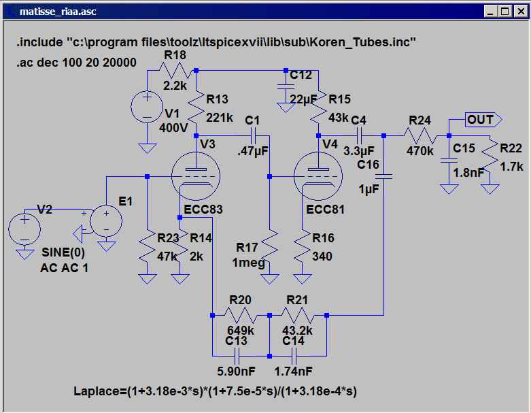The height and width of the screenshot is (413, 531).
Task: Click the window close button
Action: coord(519,12)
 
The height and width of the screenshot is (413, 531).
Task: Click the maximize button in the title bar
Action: coord(505,12)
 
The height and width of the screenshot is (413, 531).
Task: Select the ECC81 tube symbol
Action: coord(318,176)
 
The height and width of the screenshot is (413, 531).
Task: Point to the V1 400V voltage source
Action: coord(145,108)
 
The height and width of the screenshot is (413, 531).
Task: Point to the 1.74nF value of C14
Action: coord(294,371)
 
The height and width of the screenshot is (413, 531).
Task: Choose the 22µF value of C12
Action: coord(303,99)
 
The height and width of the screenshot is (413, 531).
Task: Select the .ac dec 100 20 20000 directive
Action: coord(77,63)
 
